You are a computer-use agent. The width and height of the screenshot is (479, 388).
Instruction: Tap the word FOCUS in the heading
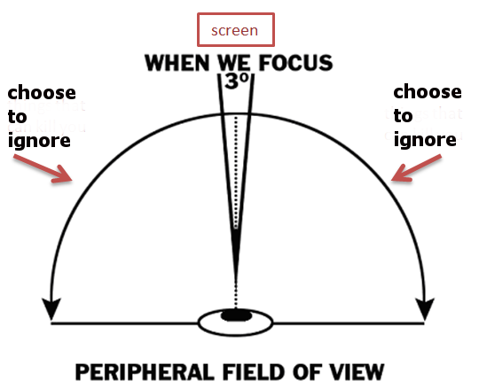pos(295,63)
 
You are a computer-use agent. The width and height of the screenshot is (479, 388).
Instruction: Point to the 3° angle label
pos(237,81)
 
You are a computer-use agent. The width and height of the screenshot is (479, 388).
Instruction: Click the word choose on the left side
pos(42,92)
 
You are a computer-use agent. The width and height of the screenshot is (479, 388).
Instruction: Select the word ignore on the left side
pos(39,141)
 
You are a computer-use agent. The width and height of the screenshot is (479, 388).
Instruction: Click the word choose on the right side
pos(428,91)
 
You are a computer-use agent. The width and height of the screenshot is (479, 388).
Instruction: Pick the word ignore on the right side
pos(425,140)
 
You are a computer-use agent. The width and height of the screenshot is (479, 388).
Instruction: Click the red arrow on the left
pos(43,168)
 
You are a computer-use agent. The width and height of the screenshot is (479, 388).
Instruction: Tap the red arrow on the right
pos(416,168)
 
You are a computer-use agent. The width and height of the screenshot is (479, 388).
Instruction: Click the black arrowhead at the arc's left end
pos(51,308)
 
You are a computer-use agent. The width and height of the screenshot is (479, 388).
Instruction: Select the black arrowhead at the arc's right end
pos(425,308)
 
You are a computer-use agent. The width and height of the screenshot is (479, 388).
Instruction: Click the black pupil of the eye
pos(236,315)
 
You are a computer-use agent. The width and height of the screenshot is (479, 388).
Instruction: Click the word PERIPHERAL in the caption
pos(145,372)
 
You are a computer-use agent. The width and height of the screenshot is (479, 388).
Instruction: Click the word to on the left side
pos(18,117)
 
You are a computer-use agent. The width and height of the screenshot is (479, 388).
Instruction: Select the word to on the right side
pos(404,116)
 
